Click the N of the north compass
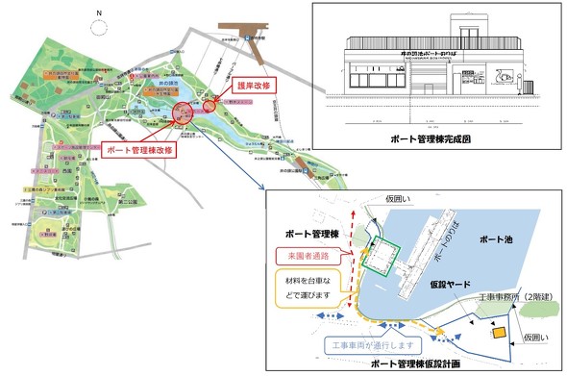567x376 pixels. click(97, 14)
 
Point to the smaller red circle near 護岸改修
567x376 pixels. click(210, 99)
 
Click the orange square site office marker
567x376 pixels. click(498, 333)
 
